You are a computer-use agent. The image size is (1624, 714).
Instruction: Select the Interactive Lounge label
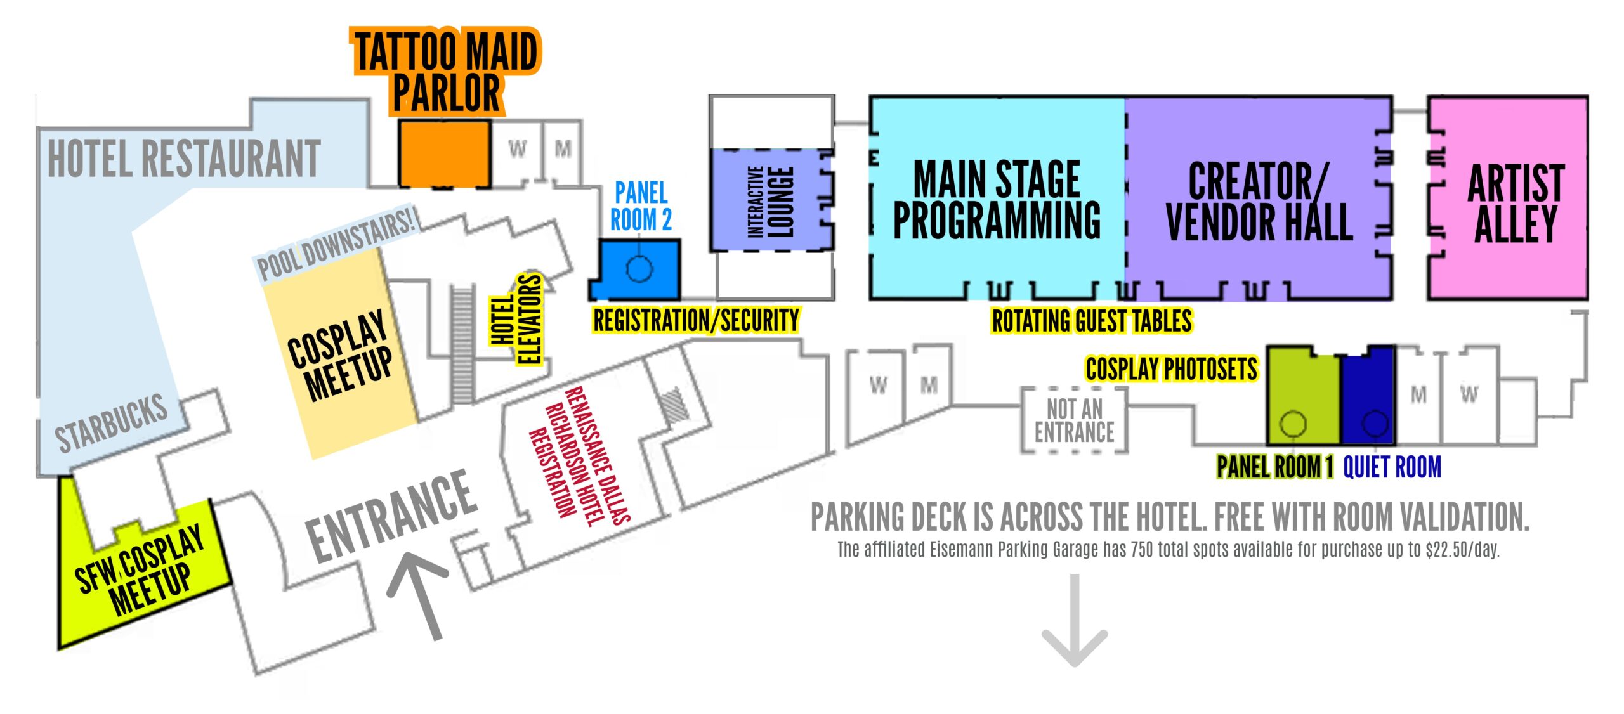click(770, 202)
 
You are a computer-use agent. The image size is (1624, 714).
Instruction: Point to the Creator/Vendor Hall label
click(1259, 202)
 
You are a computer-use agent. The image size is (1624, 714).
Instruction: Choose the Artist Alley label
click(1516, 203)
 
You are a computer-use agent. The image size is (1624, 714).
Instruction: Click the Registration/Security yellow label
click(696, 320)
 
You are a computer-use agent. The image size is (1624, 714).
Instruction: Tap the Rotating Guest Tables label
click(1092, 321)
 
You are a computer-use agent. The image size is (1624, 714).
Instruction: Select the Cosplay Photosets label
click(1171, 369)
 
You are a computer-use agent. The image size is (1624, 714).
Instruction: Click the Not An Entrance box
click(1074, 420)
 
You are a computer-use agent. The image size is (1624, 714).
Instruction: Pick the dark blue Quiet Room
click(1368, 396)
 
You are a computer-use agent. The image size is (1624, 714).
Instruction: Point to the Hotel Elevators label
click(517, 320)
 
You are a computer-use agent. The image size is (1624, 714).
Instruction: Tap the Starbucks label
click(112, 422)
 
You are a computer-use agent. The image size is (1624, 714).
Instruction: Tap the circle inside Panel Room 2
click(639, 268)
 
